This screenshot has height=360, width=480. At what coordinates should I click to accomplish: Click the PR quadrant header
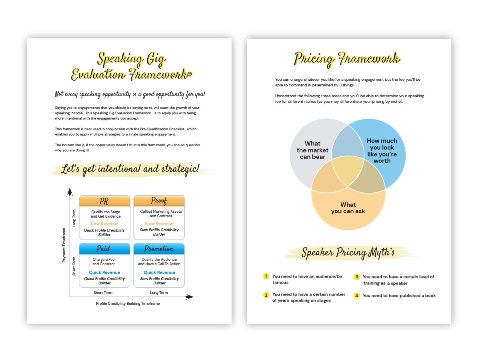click(x=104, y=201)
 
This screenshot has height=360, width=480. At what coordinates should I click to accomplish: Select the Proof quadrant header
click(x=159, y=201)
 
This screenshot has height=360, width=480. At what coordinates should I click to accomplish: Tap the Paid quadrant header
click(x=104, y=249)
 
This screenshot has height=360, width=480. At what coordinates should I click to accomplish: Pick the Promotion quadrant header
click(x=159, y=249)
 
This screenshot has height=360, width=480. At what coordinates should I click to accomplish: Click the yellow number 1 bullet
click(x=266, y=276)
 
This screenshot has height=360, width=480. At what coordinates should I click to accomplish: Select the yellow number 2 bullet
click(x=266, y=295)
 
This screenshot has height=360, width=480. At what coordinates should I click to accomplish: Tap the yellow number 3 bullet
click(x=356, y=276)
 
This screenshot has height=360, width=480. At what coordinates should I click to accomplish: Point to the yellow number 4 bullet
click(x=356, y=296)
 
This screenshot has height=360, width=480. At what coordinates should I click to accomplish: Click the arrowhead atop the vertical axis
click(x=70, y=192)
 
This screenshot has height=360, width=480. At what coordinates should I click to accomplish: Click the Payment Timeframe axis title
click(x=64, y=245)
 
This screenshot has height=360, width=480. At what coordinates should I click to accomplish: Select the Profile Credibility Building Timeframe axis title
click(x=128, y=304)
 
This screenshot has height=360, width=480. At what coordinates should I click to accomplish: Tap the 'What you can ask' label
click(x=348, y=208)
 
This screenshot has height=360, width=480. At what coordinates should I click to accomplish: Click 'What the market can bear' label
click(x=312, y=150)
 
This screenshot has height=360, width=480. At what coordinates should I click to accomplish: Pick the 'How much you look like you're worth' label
click(x=382, y=151)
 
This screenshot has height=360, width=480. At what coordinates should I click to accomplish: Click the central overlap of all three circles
click(x=348, y=171)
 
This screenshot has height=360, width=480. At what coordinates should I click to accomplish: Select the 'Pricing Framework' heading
click(x=347, y=59)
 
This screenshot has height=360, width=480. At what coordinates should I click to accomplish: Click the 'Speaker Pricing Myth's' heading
click(x=348, y=253)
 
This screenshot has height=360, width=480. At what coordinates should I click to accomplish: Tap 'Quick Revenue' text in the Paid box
click(x=104, y=272)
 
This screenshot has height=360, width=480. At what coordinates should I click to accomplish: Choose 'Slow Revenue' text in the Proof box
click(x=159, y=224)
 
